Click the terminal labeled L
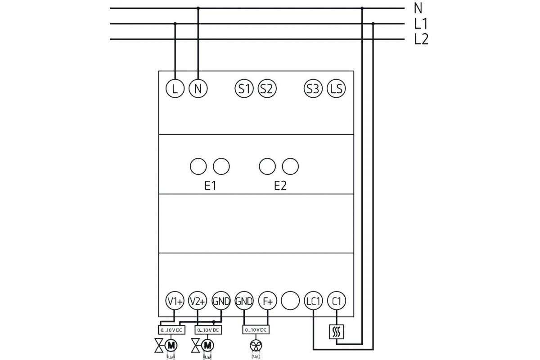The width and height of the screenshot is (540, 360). [x=175, y=88]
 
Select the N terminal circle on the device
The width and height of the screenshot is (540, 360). [x=198, y=88]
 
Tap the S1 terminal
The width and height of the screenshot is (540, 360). [x=244, y=88]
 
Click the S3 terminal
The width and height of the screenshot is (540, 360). [x=313, y=88]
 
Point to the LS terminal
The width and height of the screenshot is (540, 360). [x=336, y=88]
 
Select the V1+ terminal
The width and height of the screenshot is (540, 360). [x=175, y=301]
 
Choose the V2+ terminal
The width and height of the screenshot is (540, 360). [x=198, y=301]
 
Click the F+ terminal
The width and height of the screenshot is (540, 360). [x=267, y=301]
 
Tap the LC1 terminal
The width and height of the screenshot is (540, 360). [x=313, y=301]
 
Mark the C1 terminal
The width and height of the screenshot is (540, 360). [x=336, y=301]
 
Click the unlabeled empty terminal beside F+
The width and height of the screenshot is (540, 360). [x=290, y=301]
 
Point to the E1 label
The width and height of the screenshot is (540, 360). [x=210, y=186]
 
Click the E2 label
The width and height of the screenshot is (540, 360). [x=280, y=186]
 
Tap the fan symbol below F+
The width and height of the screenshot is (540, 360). [x=256, y=345]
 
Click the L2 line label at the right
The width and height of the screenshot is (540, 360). [x=421, y=40]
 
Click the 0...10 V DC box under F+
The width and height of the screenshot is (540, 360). [x=256, y=330]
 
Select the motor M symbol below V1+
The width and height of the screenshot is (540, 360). [x=171, y=345]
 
